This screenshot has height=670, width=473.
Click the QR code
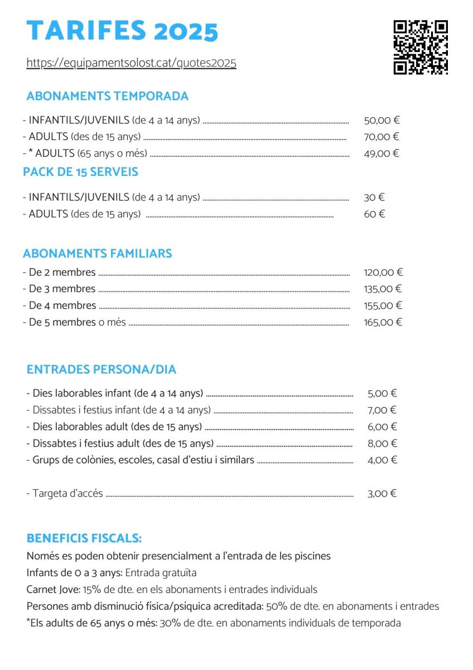[421, 47]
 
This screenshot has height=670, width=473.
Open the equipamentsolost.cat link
[132, 63]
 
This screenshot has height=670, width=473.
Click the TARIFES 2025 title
[122, 31]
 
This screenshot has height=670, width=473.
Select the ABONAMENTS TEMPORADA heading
[108, 96]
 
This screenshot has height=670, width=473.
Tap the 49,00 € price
[382, 154]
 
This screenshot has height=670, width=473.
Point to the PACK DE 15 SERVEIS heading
[81, 172]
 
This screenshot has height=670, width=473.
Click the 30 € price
[374, 197]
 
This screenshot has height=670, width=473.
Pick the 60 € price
[374, 214]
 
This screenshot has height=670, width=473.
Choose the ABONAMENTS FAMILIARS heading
[98, 253]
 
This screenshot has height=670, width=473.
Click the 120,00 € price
[383, 272]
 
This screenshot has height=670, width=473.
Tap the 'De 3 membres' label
[62, 289]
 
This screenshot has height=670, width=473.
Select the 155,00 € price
[383, 305]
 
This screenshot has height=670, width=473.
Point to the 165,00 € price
[383, 322]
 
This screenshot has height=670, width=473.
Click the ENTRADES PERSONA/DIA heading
[102, 370]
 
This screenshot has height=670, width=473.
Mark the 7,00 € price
[382, 410]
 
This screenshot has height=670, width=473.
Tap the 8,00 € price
[382, 443]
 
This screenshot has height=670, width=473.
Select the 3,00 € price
[382, 494]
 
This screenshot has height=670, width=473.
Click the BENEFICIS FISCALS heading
[84, 539]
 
